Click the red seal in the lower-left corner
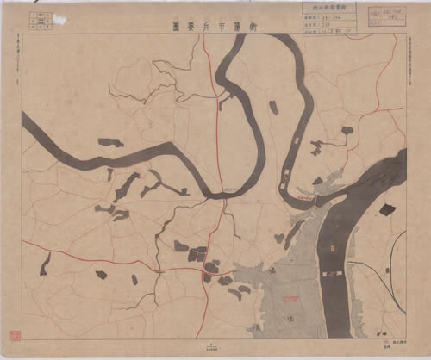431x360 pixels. coord(15,334)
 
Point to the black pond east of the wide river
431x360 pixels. coord(387,209)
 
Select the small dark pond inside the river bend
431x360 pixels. coord(273,108)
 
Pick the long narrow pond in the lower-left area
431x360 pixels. coord(44,264)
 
